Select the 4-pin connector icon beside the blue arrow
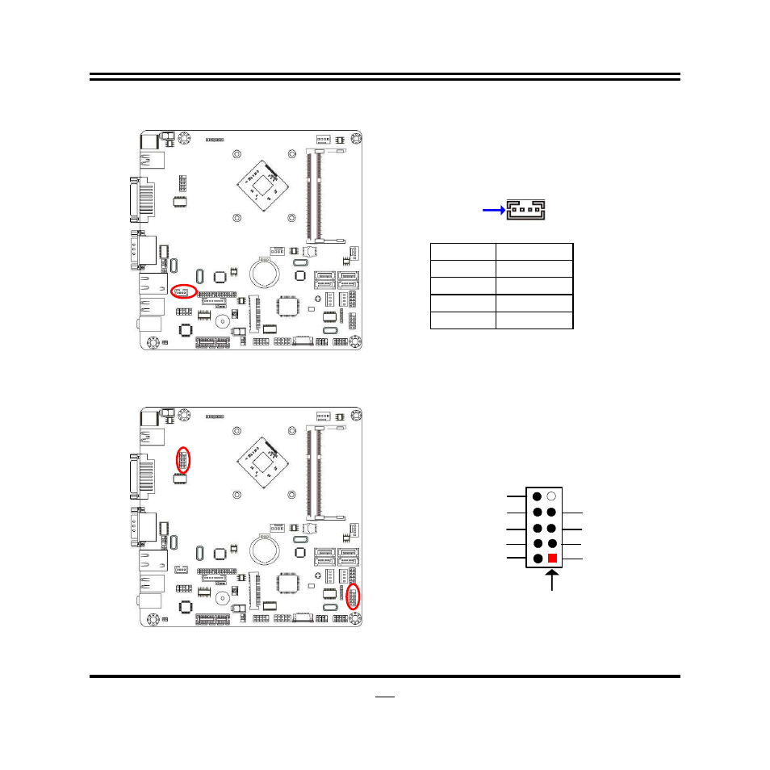coord(525,211)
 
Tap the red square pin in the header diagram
coord(552,559)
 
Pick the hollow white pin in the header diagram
coord(552,496)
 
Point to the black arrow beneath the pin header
coord(552,580)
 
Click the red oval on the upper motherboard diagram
coord(185,291)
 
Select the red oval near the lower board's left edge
coord(184,461)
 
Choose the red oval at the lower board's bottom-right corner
coord(353,598)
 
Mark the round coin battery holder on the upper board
coord(264,272)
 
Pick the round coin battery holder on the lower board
coord(264,549)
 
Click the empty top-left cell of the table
coord(462,251)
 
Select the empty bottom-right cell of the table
coord(534,320)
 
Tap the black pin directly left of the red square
coord(538,559)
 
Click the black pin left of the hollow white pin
coord(538,496)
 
